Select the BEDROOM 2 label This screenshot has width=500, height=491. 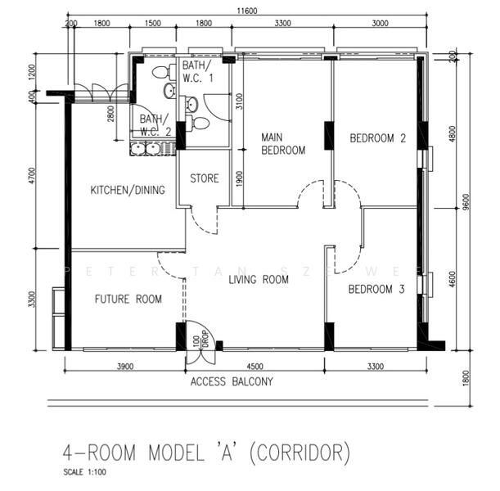[377, 138]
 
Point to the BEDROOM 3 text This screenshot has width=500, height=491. [376, 290]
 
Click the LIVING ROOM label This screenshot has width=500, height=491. [259, 280]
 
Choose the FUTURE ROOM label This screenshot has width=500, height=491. [128, 299]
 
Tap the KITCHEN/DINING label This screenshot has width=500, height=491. [128, 191]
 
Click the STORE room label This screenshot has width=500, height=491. [204, 178]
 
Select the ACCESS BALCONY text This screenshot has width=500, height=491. [232, 381]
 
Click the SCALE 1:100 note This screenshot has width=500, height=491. [84, 472]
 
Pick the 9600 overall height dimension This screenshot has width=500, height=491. [464, 202]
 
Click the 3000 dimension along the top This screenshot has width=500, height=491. [380, 25]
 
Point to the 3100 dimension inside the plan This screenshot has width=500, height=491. [239, 102]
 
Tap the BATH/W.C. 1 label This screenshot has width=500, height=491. [197, 71]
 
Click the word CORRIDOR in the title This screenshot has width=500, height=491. [301, 452]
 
